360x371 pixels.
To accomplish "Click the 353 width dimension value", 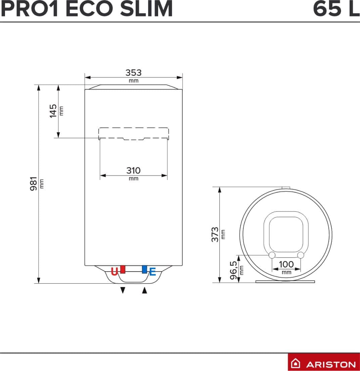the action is click(x=134, y=73).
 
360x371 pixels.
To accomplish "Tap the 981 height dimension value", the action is click(x=34, y=183).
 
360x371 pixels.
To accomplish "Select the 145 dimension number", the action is click(x=53, y=111).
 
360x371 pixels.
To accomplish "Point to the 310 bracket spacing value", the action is click(x=134, y=170).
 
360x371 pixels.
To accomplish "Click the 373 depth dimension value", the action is click(x=215, y=234).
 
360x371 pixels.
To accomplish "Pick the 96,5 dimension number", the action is click(x=233, y=270).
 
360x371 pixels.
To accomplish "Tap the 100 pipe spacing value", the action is click(x=286, y=264).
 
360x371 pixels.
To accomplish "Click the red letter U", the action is click(x=114, y=271).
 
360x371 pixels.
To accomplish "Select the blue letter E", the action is click(x=153, y=272).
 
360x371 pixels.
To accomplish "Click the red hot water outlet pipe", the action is click(x=123, y=269).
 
